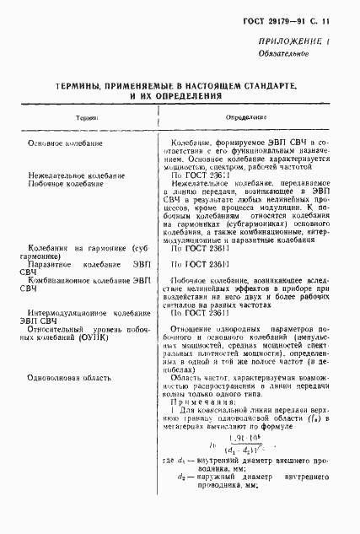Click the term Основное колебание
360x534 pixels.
pyautogui.click(x=65, y=144)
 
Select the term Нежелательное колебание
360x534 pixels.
pyautogui.click(x=76, y=175)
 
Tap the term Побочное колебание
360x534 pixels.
pyautogui.click(x=66, y=184)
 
